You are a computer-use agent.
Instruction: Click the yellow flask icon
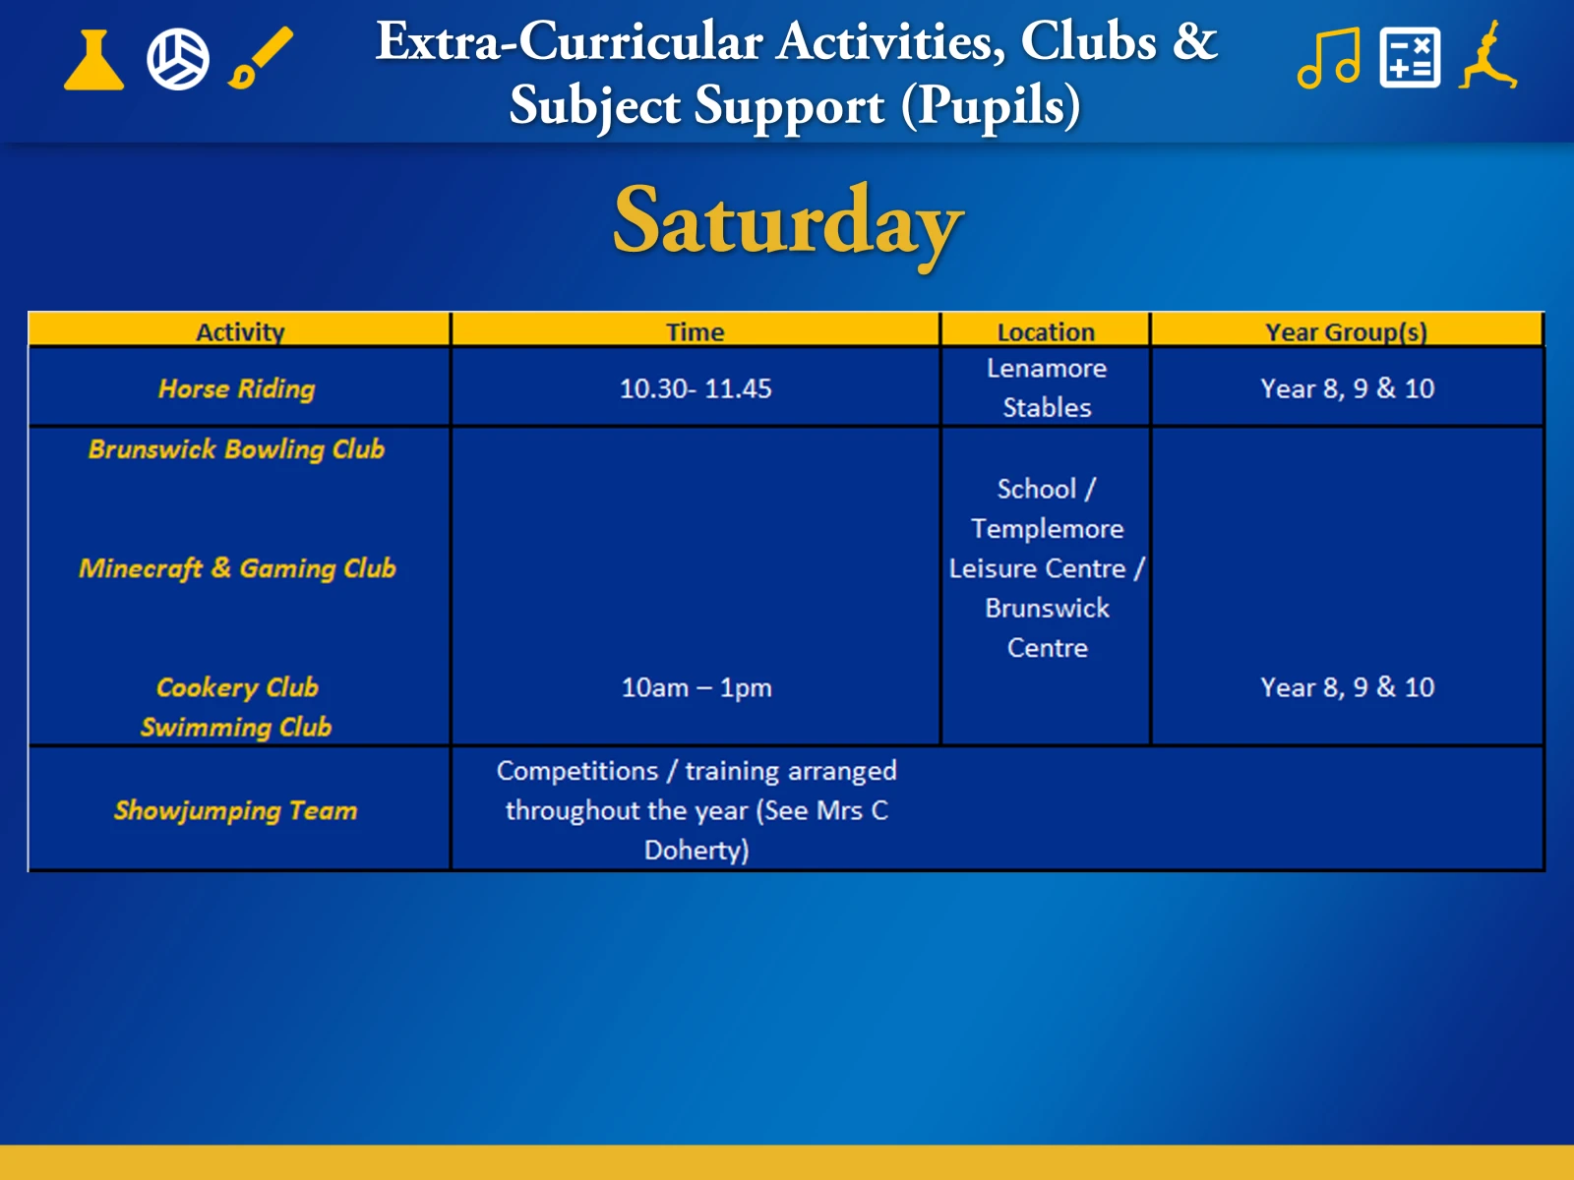point(93,60)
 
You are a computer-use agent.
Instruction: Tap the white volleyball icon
point(178,59)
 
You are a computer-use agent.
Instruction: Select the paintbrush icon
point(261,58)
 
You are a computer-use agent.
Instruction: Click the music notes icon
point(1329,58)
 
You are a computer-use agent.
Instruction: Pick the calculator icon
point(1410,58)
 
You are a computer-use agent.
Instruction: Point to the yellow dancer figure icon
point(1488,55)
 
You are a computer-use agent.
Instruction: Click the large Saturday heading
point(787,223)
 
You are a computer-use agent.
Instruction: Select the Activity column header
point(240,331)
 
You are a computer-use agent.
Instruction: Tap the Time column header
point(695,331)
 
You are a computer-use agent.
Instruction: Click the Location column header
point(1047,331)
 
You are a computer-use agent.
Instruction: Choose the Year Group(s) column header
point(1347,331)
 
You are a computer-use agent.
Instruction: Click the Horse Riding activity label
point(237,389)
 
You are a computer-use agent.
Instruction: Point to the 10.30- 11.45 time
point(696,388)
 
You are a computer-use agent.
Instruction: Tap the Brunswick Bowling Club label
point(237,449)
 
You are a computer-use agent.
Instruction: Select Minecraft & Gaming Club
point(237,568)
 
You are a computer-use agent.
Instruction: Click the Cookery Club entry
point(237,687)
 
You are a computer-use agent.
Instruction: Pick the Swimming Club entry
point(236,728)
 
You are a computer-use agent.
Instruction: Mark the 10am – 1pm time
point(696,687)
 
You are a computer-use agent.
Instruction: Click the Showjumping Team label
point(236,811)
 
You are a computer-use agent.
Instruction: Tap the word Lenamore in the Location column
point(1047,368)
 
